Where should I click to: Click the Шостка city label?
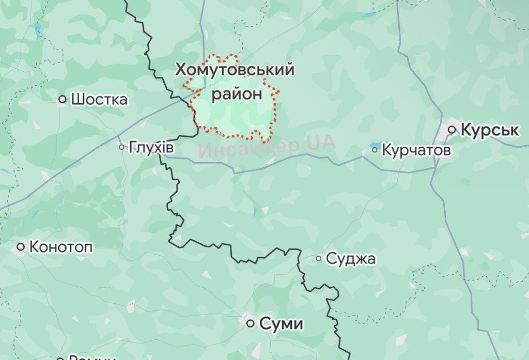tap(99, 99)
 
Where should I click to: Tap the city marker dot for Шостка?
tap(63, 99)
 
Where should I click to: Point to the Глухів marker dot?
tap(122, 147)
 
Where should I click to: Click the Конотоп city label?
tap(61, 247)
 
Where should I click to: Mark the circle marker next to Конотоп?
tap(21, 247)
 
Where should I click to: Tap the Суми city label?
tap(281, 324)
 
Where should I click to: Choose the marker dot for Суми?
tap(251, 324)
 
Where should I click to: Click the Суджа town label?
tap(351, 259)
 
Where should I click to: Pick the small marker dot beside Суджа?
tap(319, 258)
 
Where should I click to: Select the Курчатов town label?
tap(416, 150)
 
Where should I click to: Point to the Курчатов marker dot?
tap(375, 150)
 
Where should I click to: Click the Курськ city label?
tap(489, 130)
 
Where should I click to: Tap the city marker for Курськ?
tap(452, 129)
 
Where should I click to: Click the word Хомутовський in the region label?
tap(235, 70)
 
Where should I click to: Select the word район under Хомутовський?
tap(237, 94)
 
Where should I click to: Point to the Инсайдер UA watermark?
tap(267, 147)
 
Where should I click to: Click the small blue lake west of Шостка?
tap(38, 29)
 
